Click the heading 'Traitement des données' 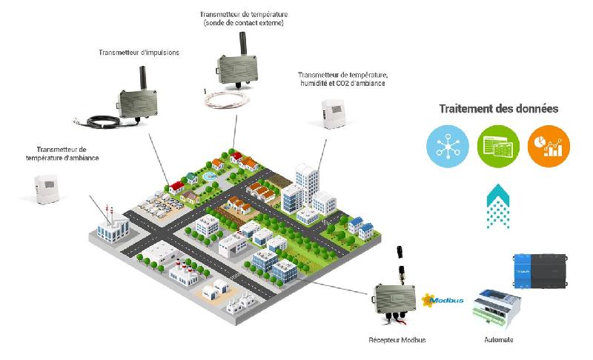[498, 109]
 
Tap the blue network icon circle [448, 144]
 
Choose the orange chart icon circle [549, 144]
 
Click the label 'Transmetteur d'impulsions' [139, 53]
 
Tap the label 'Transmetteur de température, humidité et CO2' [342, 79]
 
